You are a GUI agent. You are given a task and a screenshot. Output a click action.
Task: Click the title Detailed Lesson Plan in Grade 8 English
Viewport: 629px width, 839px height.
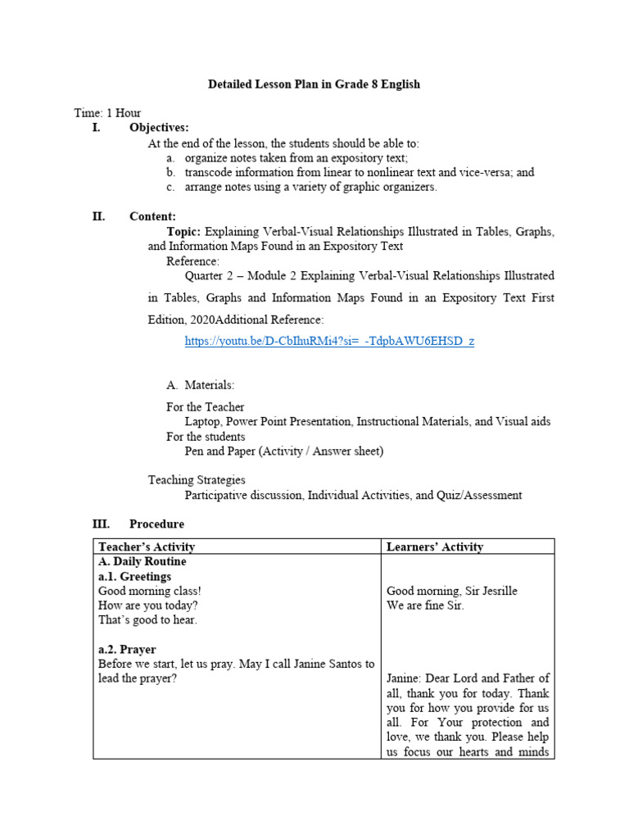[314, 84]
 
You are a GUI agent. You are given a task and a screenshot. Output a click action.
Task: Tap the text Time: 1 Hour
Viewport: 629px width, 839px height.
[107, 113]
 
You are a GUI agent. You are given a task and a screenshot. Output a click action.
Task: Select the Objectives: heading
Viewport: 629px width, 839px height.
[159, 127]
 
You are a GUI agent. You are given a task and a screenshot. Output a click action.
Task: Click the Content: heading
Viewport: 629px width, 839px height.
[152, 216]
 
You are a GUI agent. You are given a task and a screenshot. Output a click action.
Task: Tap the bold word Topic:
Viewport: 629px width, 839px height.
[183, 232]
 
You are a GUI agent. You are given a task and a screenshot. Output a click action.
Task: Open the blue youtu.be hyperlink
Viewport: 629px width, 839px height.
[329, 341]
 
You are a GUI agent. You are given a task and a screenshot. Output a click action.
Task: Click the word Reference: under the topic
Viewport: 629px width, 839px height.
[192, 261]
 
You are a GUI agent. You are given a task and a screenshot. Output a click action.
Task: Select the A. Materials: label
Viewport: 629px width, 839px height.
[200, 384]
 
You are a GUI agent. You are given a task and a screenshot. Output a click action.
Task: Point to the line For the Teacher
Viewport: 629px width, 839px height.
[205, 407]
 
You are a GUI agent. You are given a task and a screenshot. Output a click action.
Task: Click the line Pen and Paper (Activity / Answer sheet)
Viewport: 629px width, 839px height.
[283, 451]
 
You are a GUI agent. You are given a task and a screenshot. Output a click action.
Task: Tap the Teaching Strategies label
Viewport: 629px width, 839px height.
[197, 480]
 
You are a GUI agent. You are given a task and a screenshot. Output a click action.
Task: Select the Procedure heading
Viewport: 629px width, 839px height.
[156, 524]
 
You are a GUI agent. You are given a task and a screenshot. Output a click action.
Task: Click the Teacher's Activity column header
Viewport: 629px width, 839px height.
[147, 546]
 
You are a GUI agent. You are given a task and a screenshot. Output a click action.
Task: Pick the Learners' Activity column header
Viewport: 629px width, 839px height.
[435, 546]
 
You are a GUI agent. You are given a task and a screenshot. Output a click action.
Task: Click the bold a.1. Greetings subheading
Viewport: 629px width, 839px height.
[134, 576]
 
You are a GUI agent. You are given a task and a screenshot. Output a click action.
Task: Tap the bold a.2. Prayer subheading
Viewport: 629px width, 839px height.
[127, 649]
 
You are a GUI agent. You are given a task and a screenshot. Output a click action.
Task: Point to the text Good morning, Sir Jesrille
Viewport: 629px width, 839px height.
[451, 591]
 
